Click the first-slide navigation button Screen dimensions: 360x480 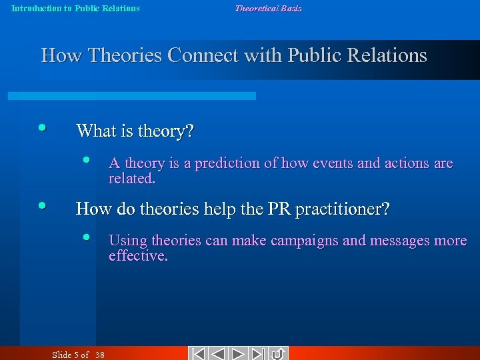197,353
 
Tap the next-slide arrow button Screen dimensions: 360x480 239,353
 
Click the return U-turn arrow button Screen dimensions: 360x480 279,353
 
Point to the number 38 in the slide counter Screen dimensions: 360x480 99,355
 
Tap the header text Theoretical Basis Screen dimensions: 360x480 267,9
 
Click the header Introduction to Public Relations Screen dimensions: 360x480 75,9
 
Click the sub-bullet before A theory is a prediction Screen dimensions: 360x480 86,160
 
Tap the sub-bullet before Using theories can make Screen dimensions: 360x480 86,237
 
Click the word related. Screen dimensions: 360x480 131,179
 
